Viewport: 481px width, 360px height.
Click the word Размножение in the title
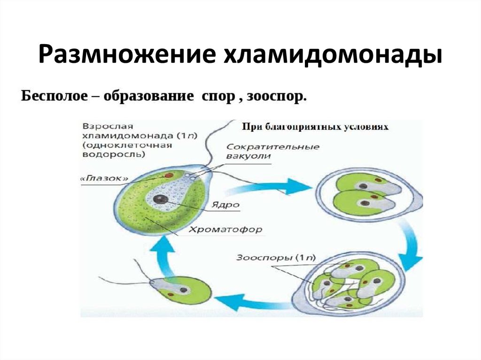pos(126,54)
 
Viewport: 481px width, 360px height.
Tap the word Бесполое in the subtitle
pos(54,96)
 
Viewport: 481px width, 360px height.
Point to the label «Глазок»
pos(105,179)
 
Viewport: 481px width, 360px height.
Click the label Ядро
pos(225,205)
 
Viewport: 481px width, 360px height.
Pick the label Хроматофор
pos(225,230)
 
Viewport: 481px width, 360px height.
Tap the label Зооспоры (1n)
pos(276,258)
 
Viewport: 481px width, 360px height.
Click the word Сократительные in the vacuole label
pos(273,147)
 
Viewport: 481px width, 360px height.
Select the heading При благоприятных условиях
pos(315,127)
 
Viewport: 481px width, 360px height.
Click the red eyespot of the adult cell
pos(169,176)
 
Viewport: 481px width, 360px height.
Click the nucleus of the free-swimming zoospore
pos(184,290)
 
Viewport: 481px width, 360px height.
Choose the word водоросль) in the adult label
pos(114,154)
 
